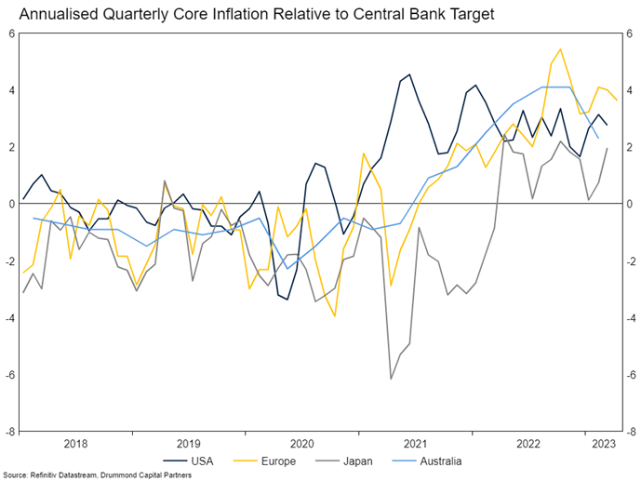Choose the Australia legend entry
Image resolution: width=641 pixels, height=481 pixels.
click(447, 460)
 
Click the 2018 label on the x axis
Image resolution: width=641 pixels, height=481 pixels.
click(76, 444)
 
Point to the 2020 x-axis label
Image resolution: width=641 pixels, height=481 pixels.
click(302, 444)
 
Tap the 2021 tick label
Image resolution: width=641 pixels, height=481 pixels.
click(415, 444)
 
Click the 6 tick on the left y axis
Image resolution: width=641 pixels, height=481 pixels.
click(12, 33)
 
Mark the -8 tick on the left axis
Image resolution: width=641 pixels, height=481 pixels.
click(10, 432)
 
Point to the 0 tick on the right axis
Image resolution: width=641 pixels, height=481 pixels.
click(628, 204)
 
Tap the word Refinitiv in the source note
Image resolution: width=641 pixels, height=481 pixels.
click(47, 474)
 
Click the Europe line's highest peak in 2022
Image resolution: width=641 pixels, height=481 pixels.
click(560, 49)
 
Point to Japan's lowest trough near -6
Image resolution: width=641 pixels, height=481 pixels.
click(391, 379)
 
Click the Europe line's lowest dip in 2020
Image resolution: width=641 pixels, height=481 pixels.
click(334, 316)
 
